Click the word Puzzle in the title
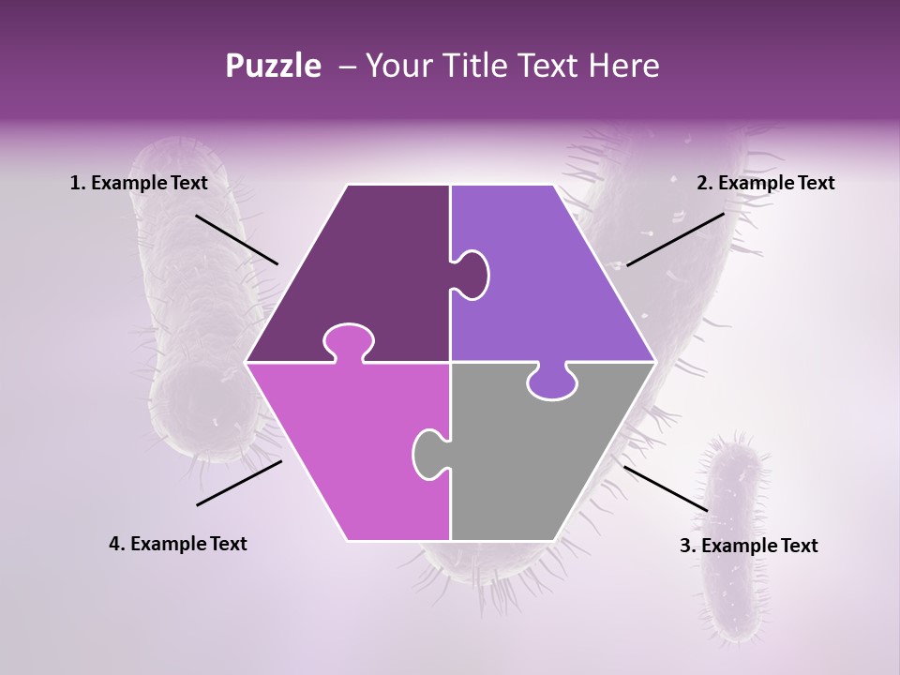[x=273, y=66]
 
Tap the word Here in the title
[x=623, y=66]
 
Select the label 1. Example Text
[x=139, y=183]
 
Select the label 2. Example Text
[x=765, y=183]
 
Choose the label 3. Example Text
[x=748, y=546]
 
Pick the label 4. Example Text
[x=178, y=544]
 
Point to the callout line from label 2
[x=675, y=239]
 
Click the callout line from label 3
[x=666, y=488]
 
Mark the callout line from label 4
[x=239, y=483]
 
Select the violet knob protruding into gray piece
[x=552, y=382]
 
